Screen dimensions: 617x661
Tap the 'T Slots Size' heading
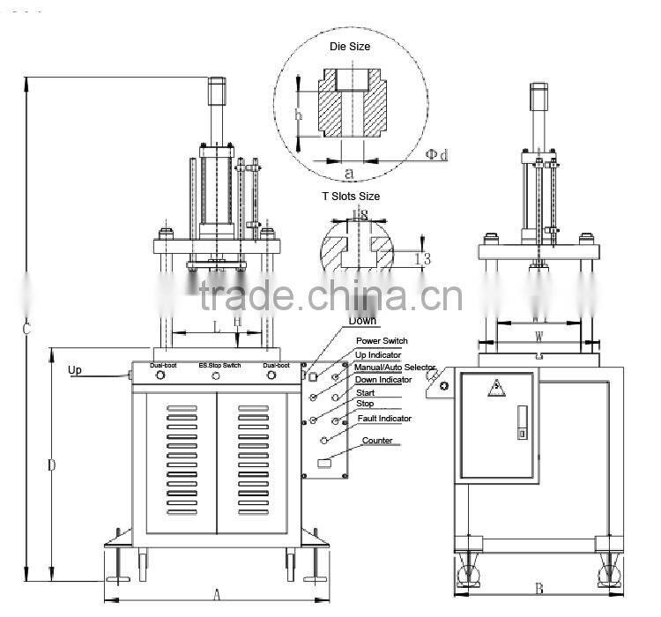(x=352, y=197)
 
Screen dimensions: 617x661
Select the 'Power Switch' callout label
(x=382, y=341)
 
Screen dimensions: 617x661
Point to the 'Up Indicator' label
(x=378, y=354)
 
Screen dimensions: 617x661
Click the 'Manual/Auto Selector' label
(x=394, y=367)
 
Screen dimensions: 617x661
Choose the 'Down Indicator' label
(x=382, y=380)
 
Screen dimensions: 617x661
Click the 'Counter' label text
(x=377, y=441)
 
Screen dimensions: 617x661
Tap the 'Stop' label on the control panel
(x=365, y=404)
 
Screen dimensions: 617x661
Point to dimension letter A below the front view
(x=217, y=595)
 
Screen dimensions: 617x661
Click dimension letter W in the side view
(x=538, y=335)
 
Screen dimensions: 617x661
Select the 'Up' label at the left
(x=76, y=370)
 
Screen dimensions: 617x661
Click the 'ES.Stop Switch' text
(x=219, y=364)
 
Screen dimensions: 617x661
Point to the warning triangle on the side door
(x=496, y=387)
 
